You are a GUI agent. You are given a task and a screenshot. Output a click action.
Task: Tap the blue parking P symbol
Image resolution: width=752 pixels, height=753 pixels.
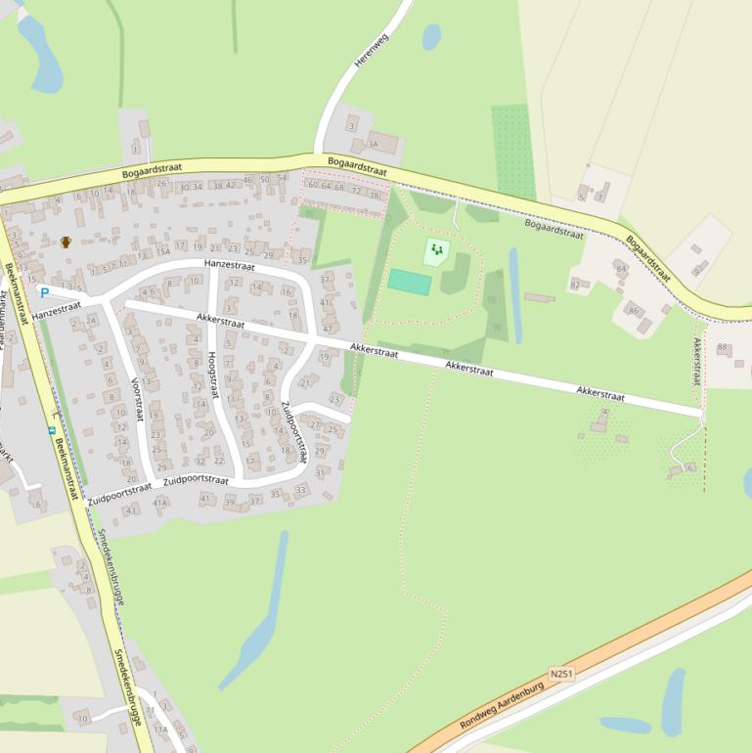(44, 292)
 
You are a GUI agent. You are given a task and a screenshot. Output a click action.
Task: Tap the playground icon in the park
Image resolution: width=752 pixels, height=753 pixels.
(436, 251)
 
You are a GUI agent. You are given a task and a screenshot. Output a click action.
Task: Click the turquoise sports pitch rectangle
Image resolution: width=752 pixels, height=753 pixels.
(410, 282)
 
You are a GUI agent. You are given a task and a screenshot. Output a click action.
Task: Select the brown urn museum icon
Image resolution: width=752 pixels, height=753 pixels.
(66, 242)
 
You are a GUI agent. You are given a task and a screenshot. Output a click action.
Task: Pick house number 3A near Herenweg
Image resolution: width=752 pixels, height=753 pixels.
(373, 144)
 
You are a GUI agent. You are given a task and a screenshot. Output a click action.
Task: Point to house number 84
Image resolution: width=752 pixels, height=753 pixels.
(620, 268)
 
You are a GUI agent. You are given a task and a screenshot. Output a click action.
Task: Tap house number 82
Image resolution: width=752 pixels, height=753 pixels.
(575, 285)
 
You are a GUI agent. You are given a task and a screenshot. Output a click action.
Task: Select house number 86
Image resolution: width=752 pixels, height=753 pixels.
(634, 311)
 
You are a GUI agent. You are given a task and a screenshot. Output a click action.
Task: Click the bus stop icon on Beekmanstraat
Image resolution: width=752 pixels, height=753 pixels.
(51, 428)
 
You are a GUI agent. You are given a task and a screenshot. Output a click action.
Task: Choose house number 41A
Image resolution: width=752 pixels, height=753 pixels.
(161, 503)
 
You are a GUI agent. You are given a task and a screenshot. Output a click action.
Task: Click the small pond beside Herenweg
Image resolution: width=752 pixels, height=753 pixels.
(431, 37)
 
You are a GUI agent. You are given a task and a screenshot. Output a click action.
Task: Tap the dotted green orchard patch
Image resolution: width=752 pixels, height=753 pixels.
(513, 152)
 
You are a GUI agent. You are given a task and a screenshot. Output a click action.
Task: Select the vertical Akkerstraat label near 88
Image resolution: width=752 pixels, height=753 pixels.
(697, 361)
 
